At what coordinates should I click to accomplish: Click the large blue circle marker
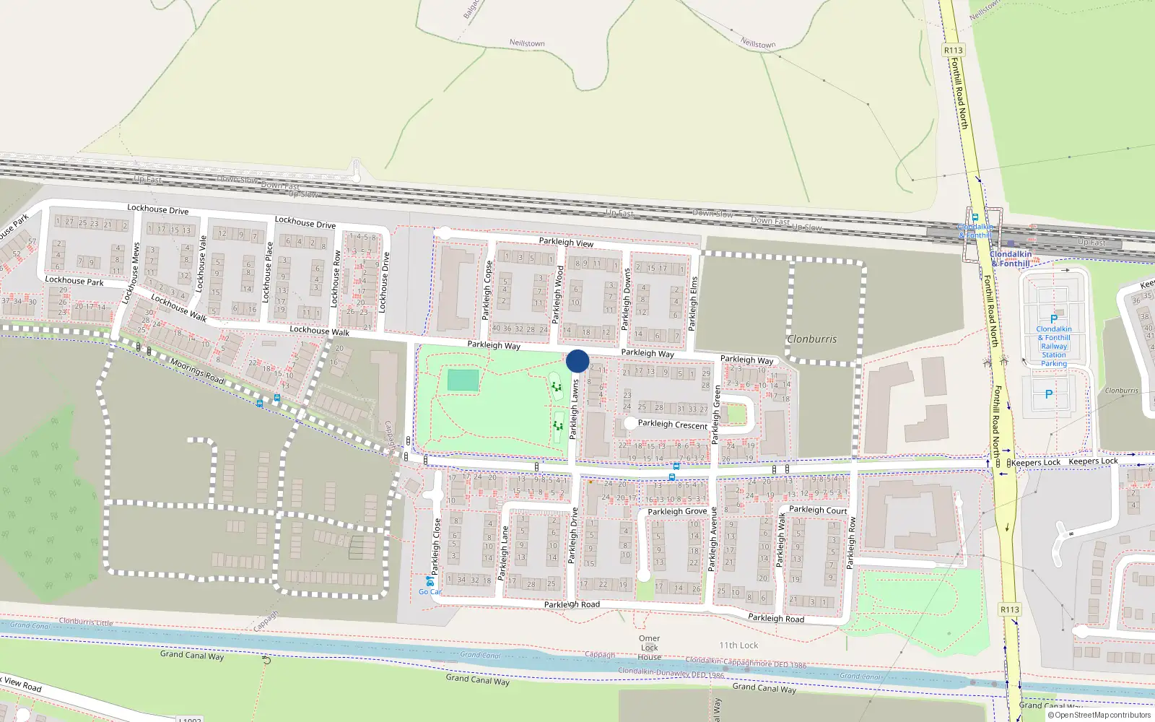pyautogui.click(x=577, y=361)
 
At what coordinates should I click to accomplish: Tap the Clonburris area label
pyautogui.click(x=812, y=339)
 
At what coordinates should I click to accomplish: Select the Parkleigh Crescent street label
pyautogui.click(x=672, y=425)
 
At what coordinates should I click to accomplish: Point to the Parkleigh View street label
pyautogui.click(x=566, y=242)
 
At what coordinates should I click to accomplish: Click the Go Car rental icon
pyautogui.click(x=430, y=580)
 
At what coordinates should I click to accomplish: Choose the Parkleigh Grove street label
pyautogui.click(x=677, y=511)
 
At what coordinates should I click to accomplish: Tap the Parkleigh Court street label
pyautogui.click(x=818, y=510)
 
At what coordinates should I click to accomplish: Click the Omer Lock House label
pyautogui.click(x=649, y=648)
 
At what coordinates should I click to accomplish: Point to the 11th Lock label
pyautogui.click(x=738, y=645)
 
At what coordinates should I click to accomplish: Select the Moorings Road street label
pyautogui.click(x=197, y=371)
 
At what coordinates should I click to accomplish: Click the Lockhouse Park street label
pyautogui.click(x=74, y=280)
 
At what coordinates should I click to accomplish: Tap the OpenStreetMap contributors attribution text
pyautogui.click(x=1102, y=715)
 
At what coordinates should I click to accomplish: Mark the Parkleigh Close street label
pyautogui.click(x=436, y=547)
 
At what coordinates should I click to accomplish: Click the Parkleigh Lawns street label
pyautogui.click(x=575, y=409)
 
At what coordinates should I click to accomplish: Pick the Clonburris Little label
pyautogui.click(x=86, y=622)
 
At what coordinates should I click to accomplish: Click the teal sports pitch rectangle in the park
pyautogui.click(x=463, y=380)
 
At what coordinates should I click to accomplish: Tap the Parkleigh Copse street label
pyautogui.click(x=487, y=290)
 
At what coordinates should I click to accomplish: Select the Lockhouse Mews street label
pyautogui.click(x=132, y=273)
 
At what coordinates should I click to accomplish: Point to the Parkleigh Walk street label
pyautogui.click(x=780, y=539)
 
